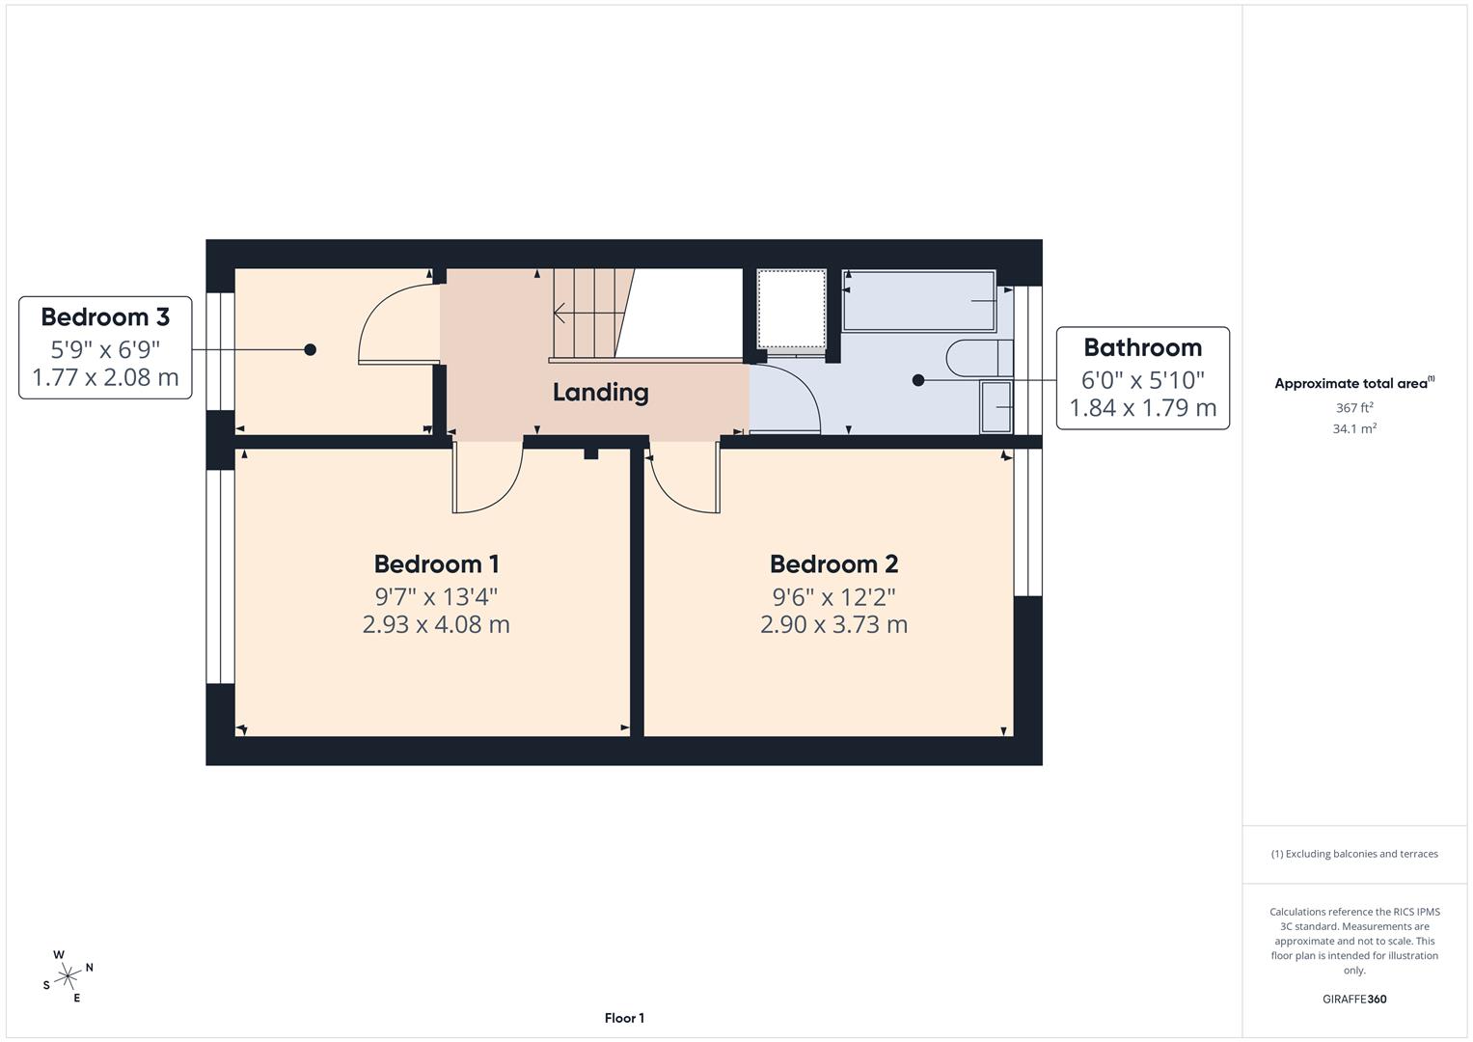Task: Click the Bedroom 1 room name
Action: click(436, 563)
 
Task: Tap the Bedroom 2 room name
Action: click(833, 563)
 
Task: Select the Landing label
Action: click(600, 392)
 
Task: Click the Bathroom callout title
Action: click(1142, 347)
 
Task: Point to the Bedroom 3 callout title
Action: click(105, 316)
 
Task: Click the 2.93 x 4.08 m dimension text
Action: click(436, 624)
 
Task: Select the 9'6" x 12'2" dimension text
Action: click(833, 595)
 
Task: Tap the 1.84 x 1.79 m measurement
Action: click(1142, 408)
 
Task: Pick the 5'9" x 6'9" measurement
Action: click(105, 348)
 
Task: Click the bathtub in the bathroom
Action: click(918, 301)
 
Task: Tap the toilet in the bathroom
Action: click(979, 358)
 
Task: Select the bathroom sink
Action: click(996, 406)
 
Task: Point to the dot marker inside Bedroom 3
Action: click(310, 349)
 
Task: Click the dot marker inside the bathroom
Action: click(917, 380)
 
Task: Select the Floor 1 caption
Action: click(624, 1018)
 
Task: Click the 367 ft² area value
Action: click(1354, 408)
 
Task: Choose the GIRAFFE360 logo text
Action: click(1354, 999)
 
